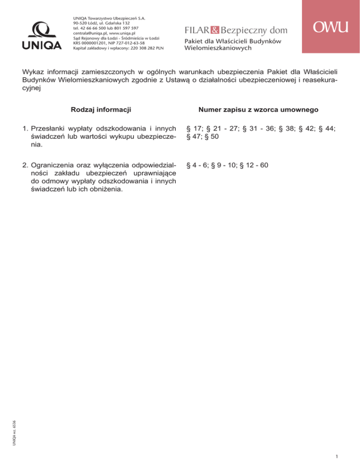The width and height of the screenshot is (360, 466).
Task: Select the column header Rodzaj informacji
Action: (x=100, y=110)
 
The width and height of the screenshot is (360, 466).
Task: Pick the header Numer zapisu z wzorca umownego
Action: (x=259, y=110)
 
